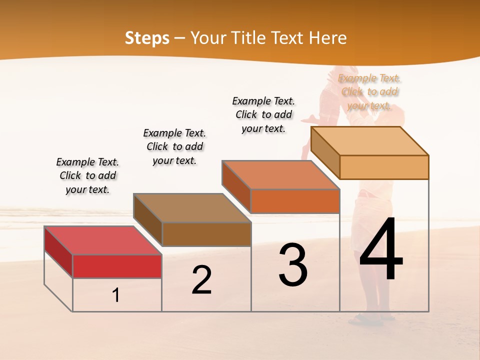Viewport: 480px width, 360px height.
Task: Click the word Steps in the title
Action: click(x=147, y=38)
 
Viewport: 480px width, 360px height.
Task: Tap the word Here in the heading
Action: click(x=327, y=38)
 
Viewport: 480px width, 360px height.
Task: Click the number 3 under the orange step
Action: click(x=293, y=265)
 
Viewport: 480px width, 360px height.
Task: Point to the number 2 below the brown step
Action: click(x=201, y=280)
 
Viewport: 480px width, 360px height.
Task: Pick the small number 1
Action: click(x=116, y=295)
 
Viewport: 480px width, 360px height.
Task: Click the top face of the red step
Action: click(x=102, y=240)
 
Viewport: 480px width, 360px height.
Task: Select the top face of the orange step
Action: click(x=280, y=175)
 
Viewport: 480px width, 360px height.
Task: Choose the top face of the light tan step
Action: click(x=369, y=141)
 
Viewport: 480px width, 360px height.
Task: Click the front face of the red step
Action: click(x=117, y=266)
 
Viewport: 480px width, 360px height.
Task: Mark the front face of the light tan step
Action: click(x=384, y=167)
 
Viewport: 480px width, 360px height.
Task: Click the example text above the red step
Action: click(x=87, y=175)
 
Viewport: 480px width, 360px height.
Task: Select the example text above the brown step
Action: click(x=174, y=146)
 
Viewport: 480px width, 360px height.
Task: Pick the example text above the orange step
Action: click(x=263, y=114)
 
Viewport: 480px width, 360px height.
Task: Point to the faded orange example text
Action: click(x=369, y=91)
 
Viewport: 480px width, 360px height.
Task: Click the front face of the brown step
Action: click(x=206, y=234)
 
